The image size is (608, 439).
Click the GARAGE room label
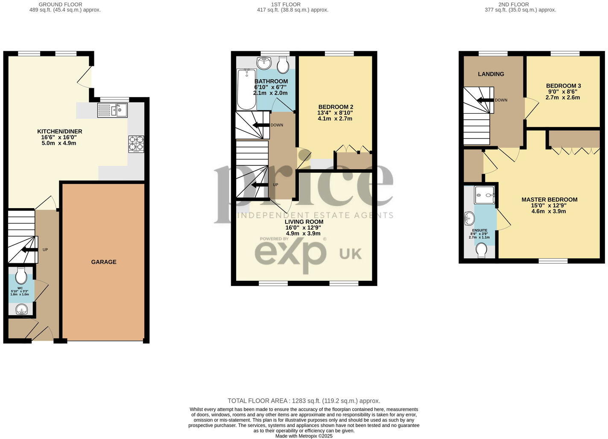coord(103,262)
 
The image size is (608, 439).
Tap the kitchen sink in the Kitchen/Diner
coord(112,110)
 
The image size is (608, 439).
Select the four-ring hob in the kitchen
coord(136,144)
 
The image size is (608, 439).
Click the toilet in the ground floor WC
coord(21,275)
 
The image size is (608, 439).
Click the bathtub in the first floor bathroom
coord(246,90)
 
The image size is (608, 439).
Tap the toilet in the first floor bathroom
coord(282,65)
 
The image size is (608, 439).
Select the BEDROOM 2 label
coord(336,107)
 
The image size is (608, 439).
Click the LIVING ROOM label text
coord(304,222)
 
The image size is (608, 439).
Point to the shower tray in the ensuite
coord(485,195)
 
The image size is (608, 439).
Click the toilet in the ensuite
coord(482,250)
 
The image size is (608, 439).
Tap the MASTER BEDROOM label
coord(549,200)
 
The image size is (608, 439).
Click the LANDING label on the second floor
coord(491,74)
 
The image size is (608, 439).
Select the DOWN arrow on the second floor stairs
coord(485,100)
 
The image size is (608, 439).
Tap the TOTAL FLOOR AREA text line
coord(304,401)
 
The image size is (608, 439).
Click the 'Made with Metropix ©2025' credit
coord(304,436)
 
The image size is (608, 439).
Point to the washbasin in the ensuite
coord(469,219)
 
